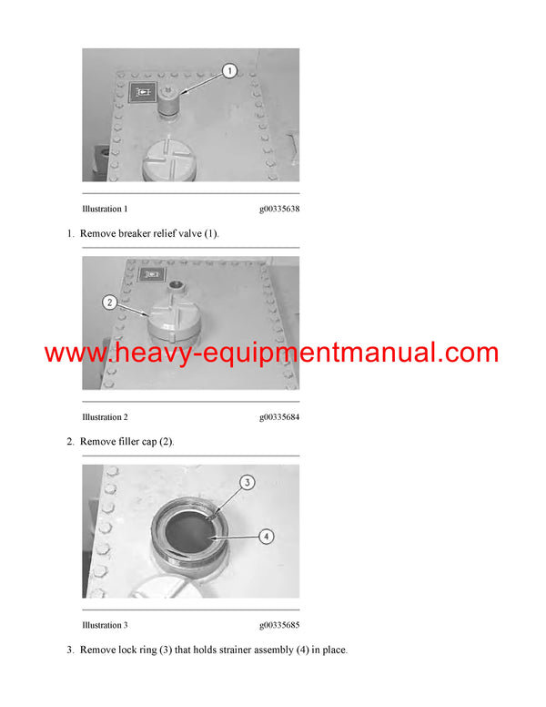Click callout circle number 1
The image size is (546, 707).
click(229, 70)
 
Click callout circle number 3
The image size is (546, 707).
click(246, 482)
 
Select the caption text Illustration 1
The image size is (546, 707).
click(105, 209)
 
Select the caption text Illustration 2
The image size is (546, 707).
click(105, 416)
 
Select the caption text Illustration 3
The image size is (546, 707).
click(105, 625)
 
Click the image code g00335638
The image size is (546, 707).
click(278, 209)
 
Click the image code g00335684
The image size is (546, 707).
click(278, 416)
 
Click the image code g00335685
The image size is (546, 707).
click(278, 625)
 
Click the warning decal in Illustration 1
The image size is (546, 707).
click(142, 92)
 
